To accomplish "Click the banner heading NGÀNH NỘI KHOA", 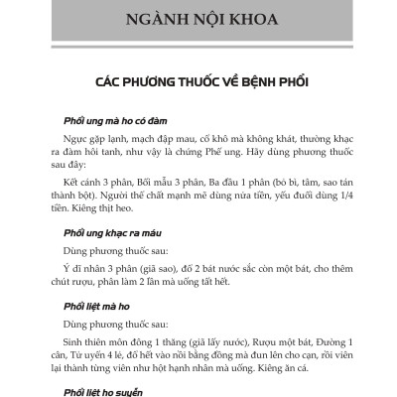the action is [x=198, y=21].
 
